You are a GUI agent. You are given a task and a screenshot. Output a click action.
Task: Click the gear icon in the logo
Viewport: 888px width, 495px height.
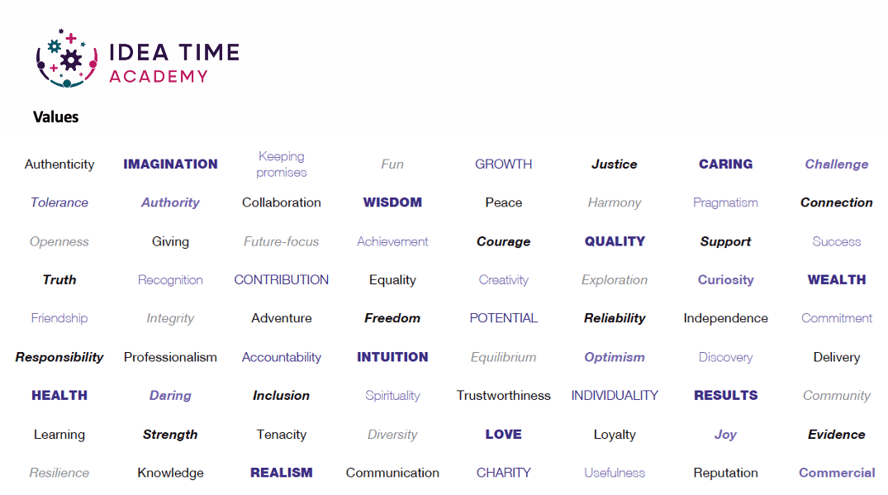point(71,60)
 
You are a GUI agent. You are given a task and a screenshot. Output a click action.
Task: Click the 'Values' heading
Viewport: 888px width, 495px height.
point(55,117)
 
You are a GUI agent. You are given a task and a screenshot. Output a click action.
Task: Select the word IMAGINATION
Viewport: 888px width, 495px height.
point(170,164)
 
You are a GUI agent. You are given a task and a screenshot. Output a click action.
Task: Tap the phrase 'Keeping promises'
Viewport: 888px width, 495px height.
point(282,164)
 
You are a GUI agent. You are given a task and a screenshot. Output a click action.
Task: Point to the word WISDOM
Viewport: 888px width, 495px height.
point(392,202)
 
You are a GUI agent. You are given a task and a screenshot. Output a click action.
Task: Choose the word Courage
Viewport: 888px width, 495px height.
point(503,242)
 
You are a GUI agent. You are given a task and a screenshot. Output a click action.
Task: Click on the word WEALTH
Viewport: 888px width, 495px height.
point(837,280)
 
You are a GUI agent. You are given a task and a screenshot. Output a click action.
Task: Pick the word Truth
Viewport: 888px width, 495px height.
point(59,280)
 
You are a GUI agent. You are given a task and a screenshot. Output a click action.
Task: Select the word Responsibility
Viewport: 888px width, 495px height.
point(59,357)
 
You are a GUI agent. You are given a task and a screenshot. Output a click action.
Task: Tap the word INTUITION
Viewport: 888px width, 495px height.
point(392,357)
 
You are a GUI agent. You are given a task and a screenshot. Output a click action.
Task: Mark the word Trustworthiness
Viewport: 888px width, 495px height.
point(503,396)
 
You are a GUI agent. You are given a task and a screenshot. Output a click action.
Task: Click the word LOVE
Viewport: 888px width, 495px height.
point(503,435)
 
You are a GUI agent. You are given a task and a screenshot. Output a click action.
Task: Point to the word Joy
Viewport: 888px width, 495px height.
point(725,435)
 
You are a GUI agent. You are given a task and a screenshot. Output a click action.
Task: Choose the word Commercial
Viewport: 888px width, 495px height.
point(837,473)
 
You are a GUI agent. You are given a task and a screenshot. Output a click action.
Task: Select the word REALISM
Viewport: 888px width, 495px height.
point(282,473)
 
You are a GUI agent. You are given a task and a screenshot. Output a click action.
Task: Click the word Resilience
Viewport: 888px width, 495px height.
point(59,473)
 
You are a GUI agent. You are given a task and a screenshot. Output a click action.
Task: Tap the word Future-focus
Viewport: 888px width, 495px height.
point(282,242)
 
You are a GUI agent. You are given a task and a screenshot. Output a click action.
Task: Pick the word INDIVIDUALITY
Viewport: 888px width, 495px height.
point(615,396)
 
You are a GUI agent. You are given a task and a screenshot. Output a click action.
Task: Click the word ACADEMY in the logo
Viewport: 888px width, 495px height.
point(159,77)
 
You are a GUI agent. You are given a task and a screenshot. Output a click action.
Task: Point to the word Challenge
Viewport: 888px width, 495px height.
point(837,164)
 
